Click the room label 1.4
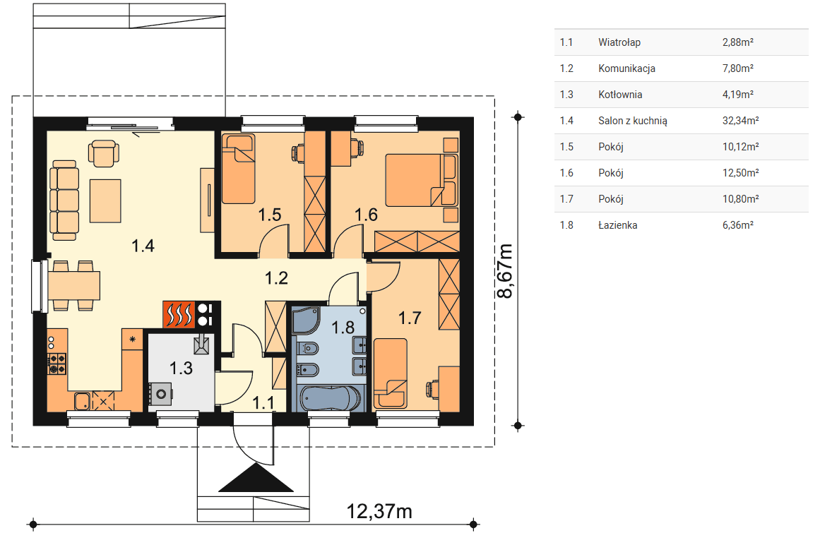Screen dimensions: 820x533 [x=143, y=246]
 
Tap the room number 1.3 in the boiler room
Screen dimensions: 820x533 [x=181, y=369]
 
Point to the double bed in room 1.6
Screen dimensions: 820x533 [x=422, y=180]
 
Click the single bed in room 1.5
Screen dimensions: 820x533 [x=239, y=169]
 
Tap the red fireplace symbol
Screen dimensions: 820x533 [x=178, y=315]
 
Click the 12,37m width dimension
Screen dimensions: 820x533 [x=379, y=511]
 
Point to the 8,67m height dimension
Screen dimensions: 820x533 [x=505, y=270]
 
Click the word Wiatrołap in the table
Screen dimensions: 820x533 [x=619, y=42]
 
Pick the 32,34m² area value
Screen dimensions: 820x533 [x=740, y=121]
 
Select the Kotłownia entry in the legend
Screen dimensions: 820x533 [x=620, y=95]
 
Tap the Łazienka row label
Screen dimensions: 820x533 [x=617, y=225]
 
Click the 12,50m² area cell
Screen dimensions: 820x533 [x=740, y=173]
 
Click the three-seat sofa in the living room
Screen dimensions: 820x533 [x=64, y=200]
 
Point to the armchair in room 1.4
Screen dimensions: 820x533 [x=104, y=153]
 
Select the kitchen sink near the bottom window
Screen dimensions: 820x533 [x=82, y=401]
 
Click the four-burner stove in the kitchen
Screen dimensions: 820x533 [x=57, y=364]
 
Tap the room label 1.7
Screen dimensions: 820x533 [x=410, y=318]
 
